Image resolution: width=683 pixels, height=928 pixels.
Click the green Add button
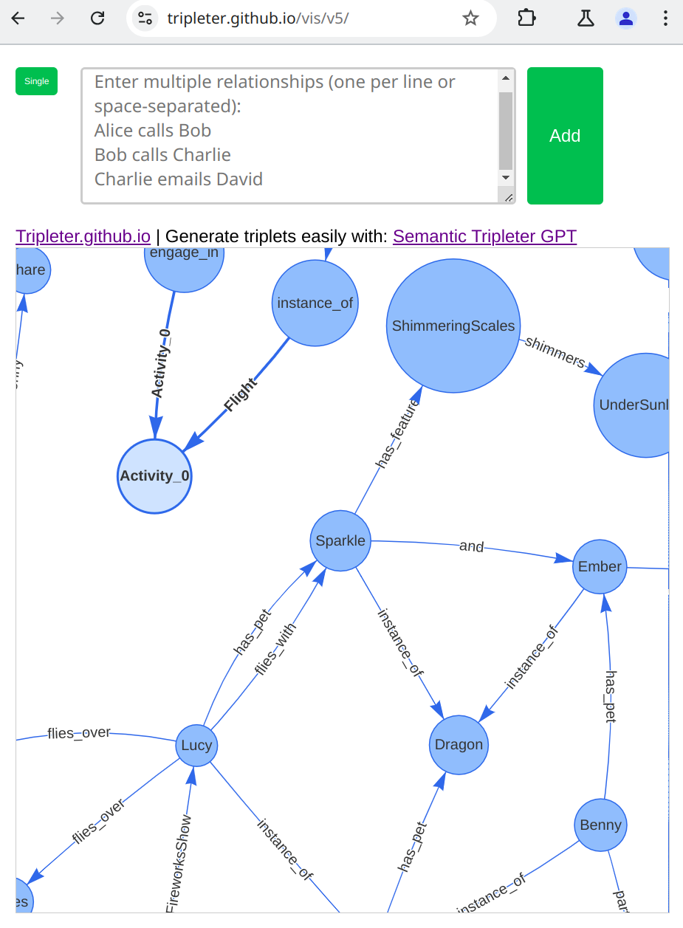(565, 136)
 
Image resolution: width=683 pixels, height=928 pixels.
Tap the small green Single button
(36, 81)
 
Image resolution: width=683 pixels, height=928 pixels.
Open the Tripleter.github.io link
(83, 236)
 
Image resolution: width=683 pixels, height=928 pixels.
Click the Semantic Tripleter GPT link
(484, 236)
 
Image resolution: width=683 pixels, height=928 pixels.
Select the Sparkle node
(340, 540)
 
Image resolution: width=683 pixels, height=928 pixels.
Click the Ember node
(600, 566)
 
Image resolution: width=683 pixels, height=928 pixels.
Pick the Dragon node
(459, 744)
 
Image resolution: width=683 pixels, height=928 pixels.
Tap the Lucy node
(196, 745)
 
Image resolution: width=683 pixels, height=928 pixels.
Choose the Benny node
(600, 825)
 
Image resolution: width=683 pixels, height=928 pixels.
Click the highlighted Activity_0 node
(155, 476)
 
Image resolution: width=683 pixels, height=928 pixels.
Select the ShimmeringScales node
(453, 326)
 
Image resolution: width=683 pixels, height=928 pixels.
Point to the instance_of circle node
(315, 303)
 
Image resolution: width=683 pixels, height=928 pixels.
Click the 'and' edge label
(471, 547)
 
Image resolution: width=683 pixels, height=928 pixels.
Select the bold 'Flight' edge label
(241, 394)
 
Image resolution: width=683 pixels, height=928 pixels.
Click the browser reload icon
(97, 18)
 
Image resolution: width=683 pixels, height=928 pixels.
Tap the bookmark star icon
(470, 18)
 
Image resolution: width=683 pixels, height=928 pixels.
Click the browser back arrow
(18, 18)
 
